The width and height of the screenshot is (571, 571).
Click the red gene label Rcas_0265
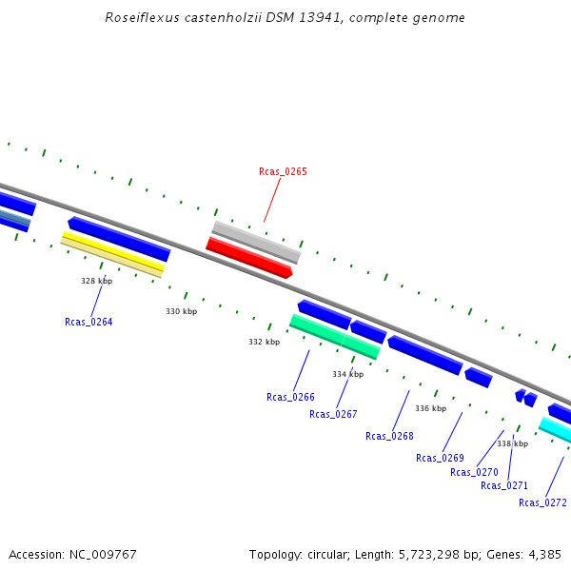283,171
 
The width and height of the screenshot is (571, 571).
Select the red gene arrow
249,258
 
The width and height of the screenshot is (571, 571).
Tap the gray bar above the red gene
256,242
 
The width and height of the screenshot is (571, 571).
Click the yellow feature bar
112,252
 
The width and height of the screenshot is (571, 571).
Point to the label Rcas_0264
89,322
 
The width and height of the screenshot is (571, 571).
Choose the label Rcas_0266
290,397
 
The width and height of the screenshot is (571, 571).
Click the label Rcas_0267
333,414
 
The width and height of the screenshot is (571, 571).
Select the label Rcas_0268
389,436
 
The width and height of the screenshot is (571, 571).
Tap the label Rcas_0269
440,458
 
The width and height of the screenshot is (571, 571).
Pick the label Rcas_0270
474,472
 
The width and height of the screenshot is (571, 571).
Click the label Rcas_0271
504,485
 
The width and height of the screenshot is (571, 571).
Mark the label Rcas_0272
542,502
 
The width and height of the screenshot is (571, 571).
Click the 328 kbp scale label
96,281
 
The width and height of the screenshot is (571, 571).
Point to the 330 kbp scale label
181,311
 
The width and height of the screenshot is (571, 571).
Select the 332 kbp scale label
264,342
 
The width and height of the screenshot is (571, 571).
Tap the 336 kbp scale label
430,408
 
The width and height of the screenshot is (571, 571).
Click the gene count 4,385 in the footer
543,554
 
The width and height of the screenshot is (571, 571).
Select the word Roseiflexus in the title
139,18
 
